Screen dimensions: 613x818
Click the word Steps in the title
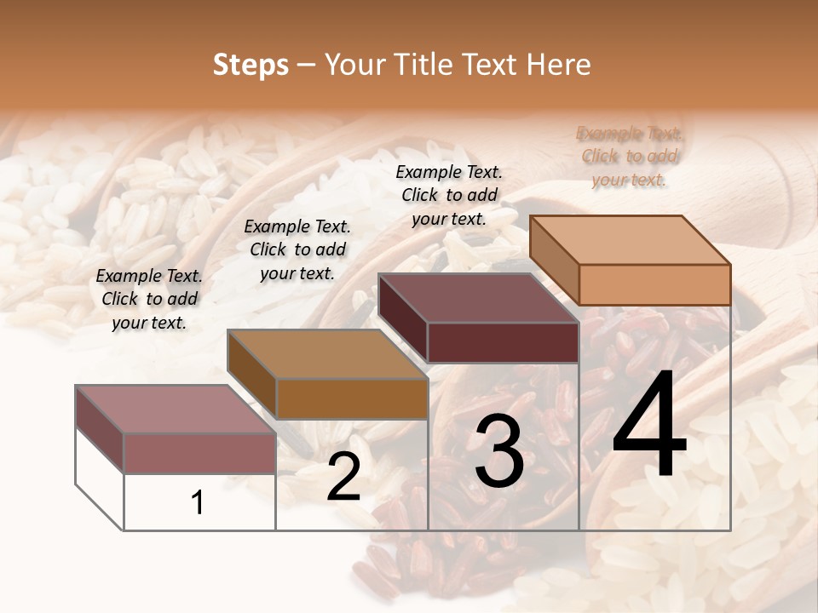[x=251, y=65]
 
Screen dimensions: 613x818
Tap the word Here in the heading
[x=555, y=65]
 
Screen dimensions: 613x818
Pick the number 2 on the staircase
[x=343, y=478]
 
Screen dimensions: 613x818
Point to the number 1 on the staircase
[x=198, y=502]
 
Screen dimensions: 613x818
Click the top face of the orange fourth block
[x=631, y=240]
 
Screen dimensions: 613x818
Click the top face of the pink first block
[x=176, y=410]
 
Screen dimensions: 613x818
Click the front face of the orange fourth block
[x=654, y=284]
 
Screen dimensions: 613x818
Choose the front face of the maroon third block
[x=503, y=342]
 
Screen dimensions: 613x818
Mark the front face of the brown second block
[x=352, y=398]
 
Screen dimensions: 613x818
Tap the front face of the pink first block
[x=199, y=453]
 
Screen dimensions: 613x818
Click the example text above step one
[x=149, y=299]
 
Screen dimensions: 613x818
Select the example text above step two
[x=297, y=249]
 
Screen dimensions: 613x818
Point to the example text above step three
[x=449, y=195]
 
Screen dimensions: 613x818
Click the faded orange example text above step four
[x=629, y=156]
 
